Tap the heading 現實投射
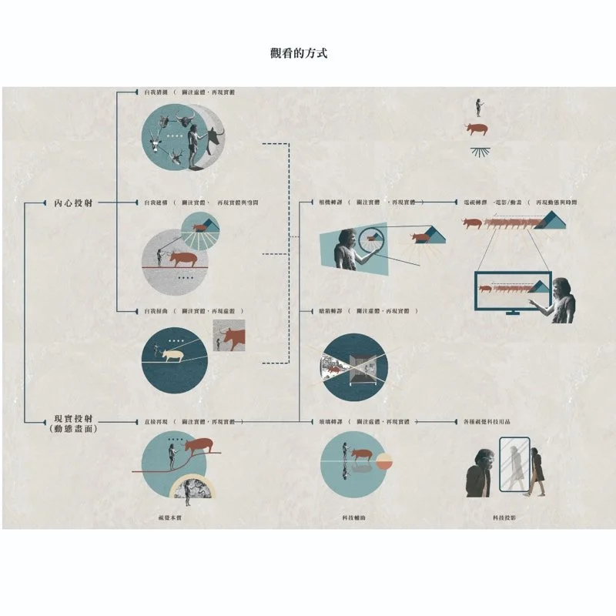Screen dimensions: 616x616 (74, 423)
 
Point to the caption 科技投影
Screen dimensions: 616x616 (504, 518)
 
